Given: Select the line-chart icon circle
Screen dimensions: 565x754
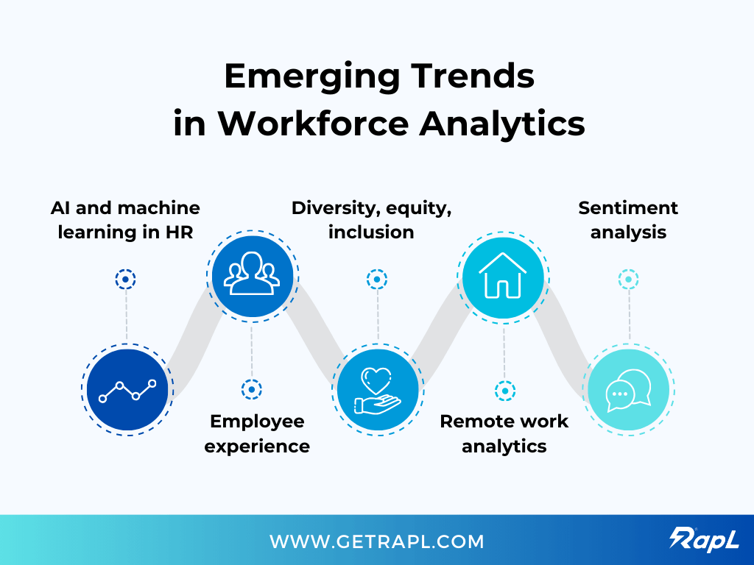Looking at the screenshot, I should (127, 390).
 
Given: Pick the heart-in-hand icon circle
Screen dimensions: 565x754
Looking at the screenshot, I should (378, 390).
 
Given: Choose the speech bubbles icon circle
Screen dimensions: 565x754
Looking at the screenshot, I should (628, 390).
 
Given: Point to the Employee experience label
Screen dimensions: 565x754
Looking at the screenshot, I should (257, 433).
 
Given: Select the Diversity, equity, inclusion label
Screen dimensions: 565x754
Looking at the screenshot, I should (371, 220).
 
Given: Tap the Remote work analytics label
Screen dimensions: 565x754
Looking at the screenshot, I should (504, 433).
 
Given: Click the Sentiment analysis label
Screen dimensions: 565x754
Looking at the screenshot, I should (628, 220).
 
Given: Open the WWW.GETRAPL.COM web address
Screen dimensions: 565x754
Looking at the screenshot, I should (377, 542).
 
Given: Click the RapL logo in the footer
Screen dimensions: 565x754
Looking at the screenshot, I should (705, 539).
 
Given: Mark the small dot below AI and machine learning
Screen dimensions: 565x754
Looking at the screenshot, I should (126, 280).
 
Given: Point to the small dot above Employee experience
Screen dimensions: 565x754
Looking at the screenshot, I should (252, 389).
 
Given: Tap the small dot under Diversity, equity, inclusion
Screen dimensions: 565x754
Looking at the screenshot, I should (377, 280).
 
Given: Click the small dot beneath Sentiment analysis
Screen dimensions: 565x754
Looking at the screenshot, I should (628, 280).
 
